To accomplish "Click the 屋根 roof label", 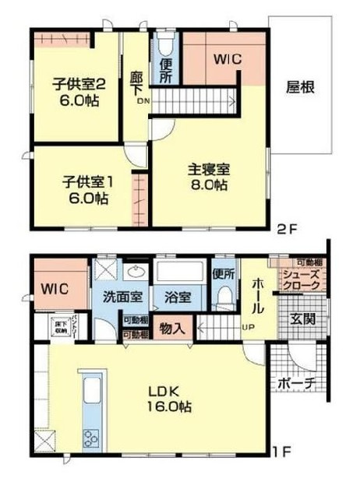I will click(300, 87).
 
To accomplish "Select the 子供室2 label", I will click(75, 82).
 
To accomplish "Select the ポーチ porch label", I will click(295, 383).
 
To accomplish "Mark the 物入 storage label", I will click(173, 329).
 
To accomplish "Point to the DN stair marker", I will click(143, 101).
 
